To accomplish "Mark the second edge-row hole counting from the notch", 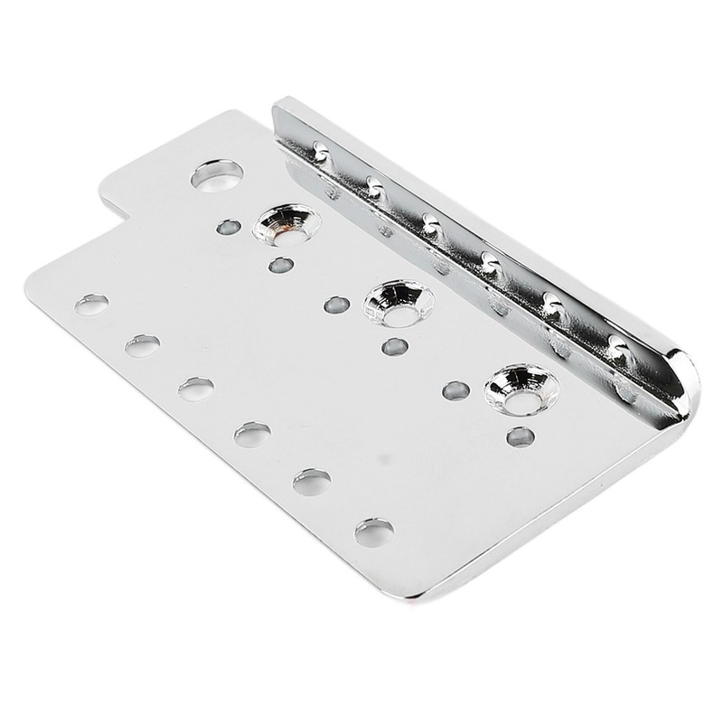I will pyautogui.click(x=143, y=345).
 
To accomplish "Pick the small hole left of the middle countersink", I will pyautogui.click(x=336, y=305).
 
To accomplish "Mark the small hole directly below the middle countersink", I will pyautogui.click(x=394, y=346).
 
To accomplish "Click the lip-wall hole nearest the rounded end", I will pyautogui.click(x=617, y=344).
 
